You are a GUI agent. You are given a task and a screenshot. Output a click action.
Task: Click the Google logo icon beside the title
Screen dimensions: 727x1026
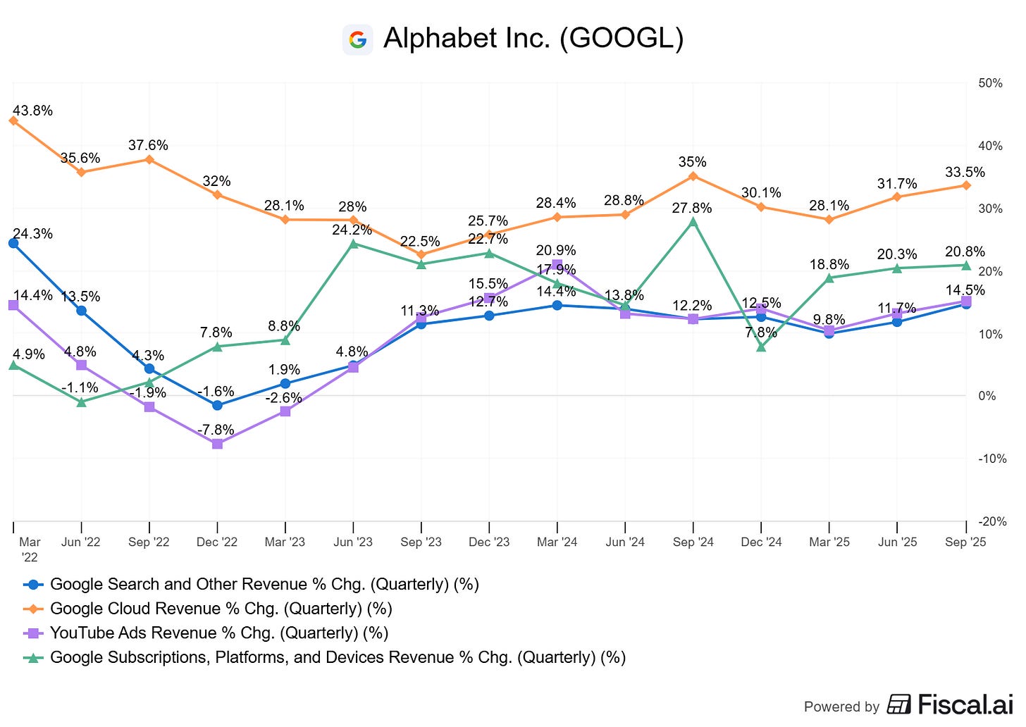coord(357,39)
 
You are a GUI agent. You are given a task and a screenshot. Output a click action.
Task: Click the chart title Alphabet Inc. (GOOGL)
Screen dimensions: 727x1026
coord(533,39)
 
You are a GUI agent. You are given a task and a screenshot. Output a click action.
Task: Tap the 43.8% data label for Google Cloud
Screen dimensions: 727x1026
coord(32,111)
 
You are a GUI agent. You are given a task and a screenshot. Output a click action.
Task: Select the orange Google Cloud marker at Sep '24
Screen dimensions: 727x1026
coord(693,176)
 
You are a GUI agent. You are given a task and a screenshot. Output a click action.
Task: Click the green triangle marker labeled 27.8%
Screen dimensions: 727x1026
coord(693,222)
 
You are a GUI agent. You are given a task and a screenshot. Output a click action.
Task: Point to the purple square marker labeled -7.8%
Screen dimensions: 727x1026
coord(217,444)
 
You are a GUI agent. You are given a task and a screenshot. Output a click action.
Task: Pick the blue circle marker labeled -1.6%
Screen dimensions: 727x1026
coord(217,405)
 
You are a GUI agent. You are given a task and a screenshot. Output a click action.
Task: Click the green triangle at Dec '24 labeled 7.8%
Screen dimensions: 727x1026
coord(761,347)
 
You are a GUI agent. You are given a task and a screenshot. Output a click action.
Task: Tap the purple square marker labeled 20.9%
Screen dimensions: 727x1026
coord(557,265)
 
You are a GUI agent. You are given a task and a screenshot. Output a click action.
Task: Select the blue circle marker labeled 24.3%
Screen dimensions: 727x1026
coord(13,243)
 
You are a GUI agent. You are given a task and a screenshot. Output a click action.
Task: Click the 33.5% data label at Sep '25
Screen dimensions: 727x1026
coord(965,173)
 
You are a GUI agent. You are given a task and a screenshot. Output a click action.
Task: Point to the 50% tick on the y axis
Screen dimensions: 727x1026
coord(990,83)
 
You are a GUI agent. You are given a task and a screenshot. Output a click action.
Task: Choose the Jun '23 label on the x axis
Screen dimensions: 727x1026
coord(353,542)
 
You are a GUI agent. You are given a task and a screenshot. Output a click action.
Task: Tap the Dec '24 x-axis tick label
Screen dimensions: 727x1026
coord(761,542)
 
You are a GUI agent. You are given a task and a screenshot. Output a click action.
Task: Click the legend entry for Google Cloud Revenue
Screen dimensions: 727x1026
coord(221,609)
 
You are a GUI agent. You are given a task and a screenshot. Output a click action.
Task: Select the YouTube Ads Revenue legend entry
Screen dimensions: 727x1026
coord(218,633)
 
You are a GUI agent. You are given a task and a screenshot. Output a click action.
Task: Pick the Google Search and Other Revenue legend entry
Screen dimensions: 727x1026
coord(264,584)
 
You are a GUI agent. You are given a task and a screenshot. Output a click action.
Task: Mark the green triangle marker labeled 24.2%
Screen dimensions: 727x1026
coord(353,244)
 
